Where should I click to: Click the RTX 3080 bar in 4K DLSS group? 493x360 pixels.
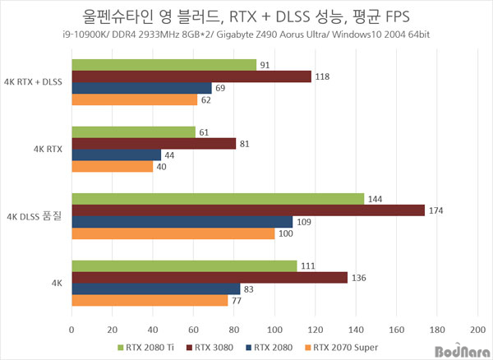(248, 210)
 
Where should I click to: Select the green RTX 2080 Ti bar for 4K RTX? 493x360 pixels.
(134, 132)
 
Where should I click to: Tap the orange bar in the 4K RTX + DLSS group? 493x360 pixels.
(135, 99)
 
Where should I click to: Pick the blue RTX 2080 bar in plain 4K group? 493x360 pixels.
(156, 289)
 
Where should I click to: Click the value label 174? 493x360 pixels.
(435, 210)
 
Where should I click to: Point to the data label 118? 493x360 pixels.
(322, 76)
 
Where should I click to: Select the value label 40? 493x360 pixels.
(161, 167)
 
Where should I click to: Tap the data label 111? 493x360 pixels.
(308, 266)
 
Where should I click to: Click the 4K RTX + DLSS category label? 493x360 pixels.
(33, 82)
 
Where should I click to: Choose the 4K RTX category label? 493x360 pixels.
(48, 149)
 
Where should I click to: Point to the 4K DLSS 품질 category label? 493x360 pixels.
(35, 216)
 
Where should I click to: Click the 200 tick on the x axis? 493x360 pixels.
(477, 330)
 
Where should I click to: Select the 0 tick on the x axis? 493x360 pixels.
(71, 330)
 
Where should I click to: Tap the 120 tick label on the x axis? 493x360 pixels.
(316, 330)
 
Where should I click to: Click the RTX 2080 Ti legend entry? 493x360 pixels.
(146, 348)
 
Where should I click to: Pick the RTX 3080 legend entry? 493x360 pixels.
(210, 348)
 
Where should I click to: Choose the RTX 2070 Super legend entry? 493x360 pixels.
(342, 348)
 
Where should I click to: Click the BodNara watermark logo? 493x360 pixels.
(463, 351)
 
